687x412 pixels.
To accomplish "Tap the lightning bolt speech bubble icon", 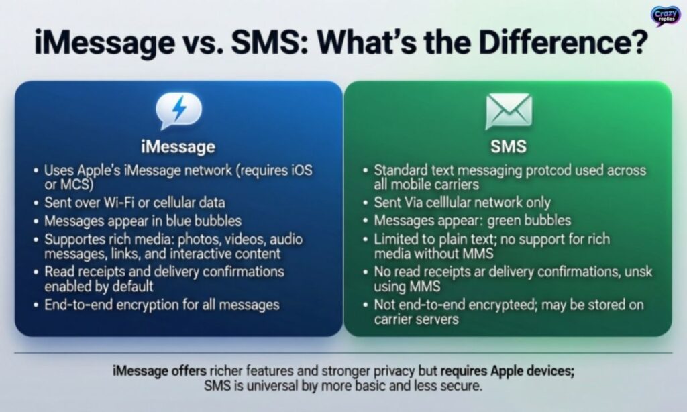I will pyautogui.click(x=178, y=111).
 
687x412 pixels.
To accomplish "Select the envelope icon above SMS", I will pyautogui.click(x=508, y=111).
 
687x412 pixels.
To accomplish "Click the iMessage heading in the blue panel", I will pyautogui.click(x=178, y=146).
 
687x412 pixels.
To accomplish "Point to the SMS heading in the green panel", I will pyautogui.click(x=508, y=146).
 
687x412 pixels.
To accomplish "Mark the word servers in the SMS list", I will pyautogui.click(x=437, y=319).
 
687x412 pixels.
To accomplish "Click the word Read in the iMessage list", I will pyautogui.click(x=58, y=272).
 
